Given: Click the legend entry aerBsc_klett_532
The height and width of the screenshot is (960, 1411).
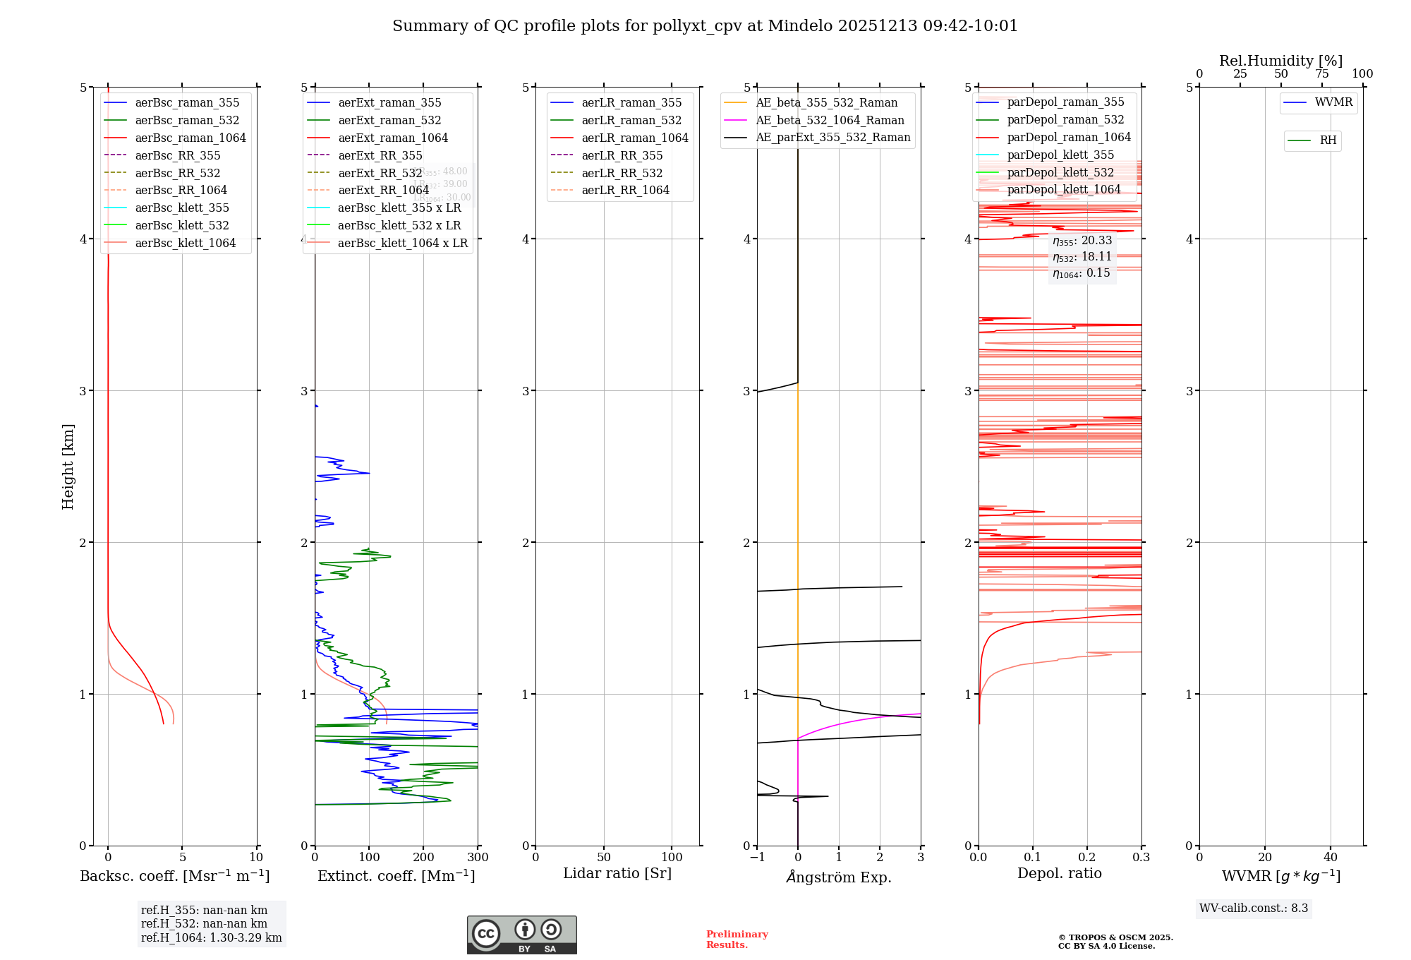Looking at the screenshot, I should click(181, 225).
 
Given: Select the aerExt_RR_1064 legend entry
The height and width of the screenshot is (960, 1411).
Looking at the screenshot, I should click(383, 190).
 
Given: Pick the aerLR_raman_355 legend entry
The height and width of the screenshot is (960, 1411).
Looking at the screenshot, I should click(631, 102).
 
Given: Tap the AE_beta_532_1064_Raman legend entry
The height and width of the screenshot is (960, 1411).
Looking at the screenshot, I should click(830, 120).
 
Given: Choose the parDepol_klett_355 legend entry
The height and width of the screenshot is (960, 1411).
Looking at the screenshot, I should click(1060, 155).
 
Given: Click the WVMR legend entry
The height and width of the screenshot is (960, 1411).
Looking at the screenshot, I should click(1333, 102).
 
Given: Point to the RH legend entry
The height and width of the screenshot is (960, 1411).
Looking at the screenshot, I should click(1328, 140).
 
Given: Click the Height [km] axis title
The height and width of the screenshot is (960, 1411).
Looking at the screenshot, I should click(68, 466).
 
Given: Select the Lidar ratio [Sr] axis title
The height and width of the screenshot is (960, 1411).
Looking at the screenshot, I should click(617, 873).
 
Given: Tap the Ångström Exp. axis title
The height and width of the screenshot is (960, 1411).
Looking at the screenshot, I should click(839, 877).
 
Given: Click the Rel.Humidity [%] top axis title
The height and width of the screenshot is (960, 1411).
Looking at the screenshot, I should click(1280, 61).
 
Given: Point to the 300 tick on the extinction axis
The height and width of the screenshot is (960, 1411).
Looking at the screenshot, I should click(478, 857).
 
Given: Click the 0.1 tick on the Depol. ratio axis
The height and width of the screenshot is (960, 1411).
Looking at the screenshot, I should click(1033, 857).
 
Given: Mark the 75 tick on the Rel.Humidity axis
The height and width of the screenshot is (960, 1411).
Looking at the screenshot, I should click(1322, 74).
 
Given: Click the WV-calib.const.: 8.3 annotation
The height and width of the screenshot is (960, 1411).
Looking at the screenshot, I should click(1254, 908).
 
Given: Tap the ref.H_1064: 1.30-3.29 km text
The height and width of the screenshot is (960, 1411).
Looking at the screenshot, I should click(211, 937).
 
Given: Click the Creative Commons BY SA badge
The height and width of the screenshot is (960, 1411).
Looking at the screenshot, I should click(521, 935).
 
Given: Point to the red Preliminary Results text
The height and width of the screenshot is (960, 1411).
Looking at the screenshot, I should click(737, 939).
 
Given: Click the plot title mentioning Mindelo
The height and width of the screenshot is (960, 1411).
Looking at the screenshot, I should click(705, 26).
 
